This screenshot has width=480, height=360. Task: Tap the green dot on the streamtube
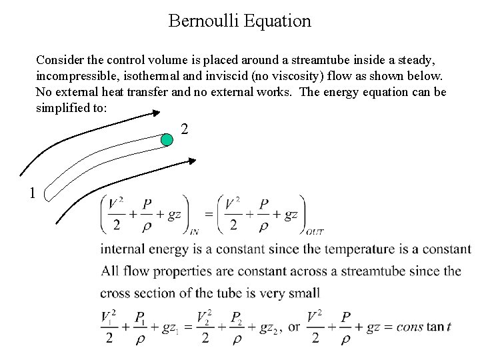(169, 139)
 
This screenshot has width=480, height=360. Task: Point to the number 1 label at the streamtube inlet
(32, 193)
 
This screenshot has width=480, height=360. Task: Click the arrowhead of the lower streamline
(193, 161)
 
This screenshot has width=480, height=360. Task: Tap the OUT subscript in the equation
(314, 232)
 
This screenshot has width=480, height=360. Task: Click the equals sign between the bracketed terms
(208, 214)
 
